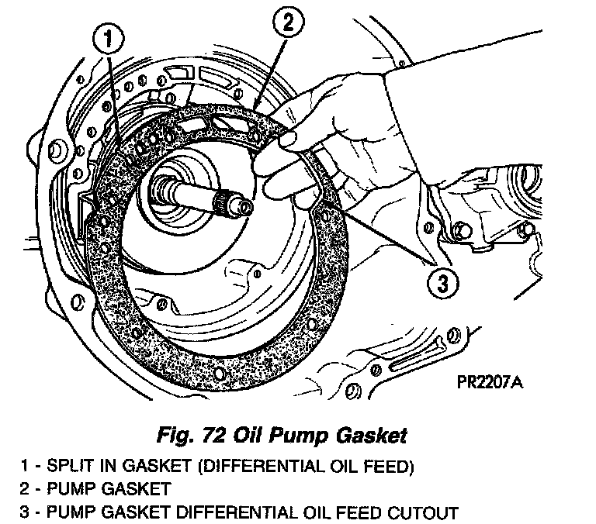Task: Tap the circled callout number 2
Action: pyautogui.click(x=287, y=23)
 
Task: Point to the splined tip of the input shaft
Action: pyautogui.click(x=234, y=205)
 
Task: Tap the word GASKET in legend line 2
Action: pyautogui.click(x=126, y=490)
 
